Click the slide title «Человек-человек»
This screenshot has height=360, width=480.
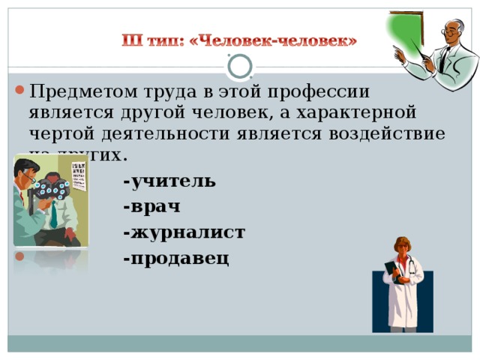240,38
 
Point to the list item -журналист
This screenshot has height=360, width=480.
184,232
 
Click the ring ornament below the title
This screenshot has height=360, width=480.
240,67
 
